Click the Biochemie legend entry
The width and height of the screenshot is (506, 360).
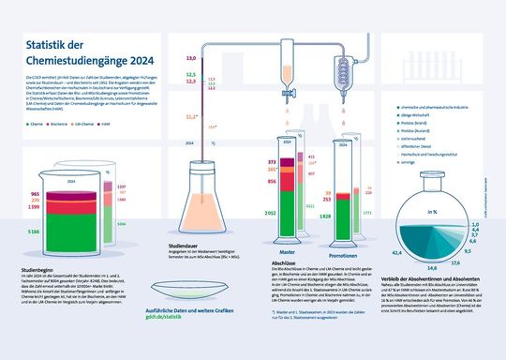[60, 123]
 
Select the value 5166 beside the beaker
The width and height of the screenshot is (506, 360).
[33, 231]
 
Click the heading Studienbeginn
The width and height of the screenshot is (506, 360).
[37, 269]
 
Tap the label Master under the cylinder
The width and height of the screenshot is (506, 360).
[288, 252]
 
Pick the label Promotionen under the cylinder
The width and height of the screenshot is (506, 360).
[347, 254]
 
